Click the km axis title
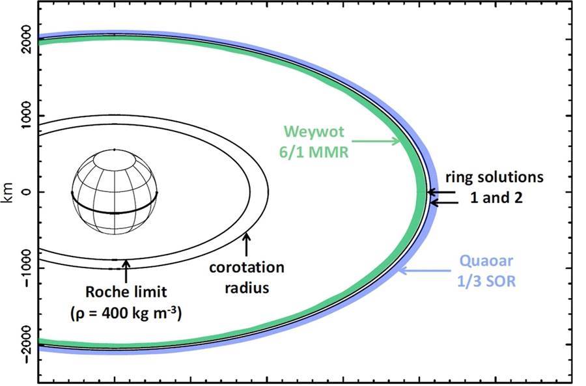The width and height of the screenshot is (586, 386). tap(8, 193)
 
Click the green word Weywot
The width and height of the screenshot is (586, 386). tap(314, 131)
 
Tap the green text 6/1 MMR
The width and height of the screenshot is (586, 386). tap(314, 152)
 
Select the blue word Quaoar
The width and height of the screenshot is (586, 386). tap(486, 261)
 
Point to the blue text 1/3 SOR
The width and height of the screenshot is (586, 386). tap(486, 281)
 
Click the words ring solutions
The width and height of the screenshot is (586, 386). tap(494, 177)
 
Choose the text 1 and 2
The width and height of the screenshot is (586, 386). tap(496, 197)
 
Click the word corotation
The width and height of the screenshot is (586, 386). tap(247, 267)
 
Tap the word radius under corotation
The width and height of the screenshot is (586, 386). tap(247, 288)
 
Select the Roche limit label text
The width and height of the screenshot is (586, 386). tap(126, 292)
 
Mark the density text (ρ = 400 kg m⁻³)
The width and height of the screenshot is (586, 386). tap(126, 313)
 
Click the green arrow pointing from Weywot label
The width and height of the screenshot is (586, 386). tap(376, 141)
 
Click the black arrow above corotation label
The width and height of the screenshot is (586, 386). tap(246, 244)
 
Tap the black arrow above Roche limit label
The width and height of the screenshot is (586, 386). tap(126, 271)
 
